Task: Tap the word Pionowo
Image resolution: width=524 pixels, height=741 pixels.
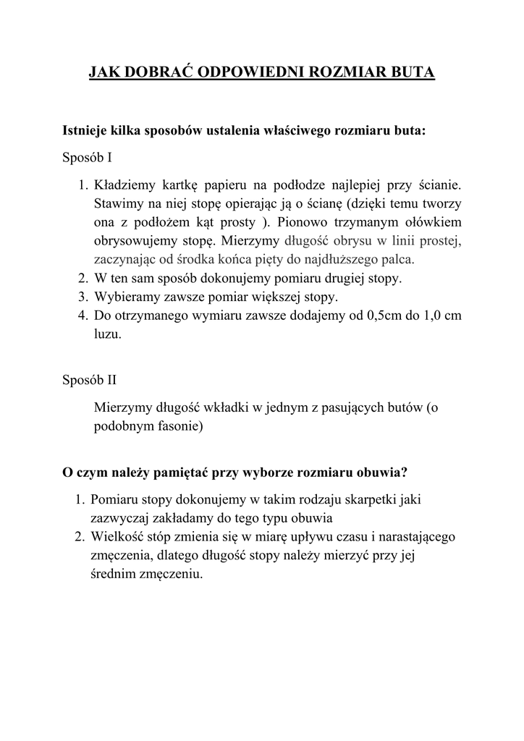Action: click(300, 221)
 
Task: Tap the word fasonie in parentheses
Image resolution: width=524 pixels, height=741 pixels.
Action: click(177, 426)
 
